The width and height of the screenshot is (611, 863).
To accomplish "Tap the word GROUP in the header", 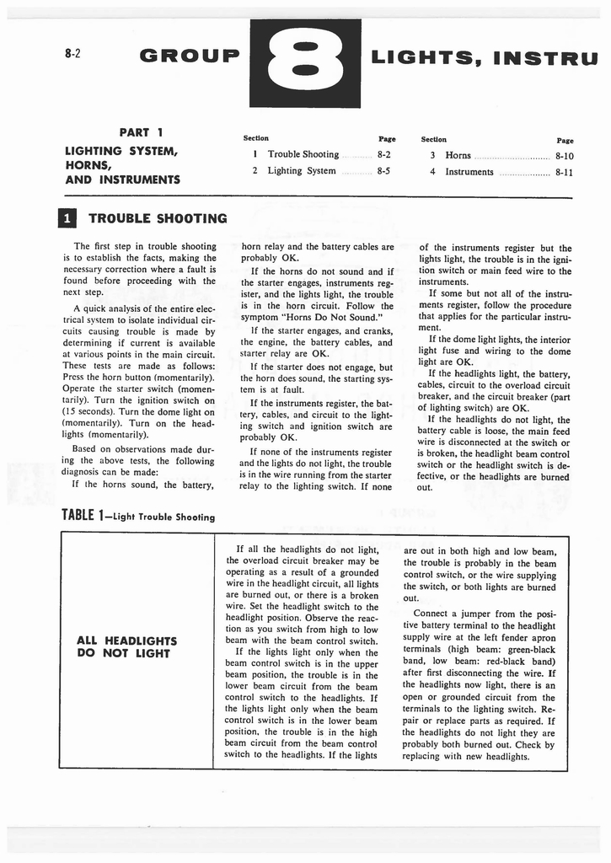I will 190,56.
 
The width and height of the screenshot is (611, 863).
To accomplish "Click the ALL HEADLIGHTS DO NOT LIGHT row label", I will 126,646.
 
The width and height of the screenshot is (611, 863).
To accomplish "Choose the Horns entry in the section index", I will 458,155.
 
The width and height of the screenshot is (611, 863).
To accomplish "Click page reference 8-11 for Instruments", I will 564,171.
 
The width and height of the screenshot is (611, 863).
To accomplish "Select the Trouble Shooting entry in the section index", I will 303,154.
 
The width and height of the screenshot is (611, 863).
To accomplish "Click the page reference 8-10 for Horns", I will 564,155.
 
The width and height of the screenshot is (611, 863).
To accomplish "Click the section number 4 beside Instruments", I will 431,171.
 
